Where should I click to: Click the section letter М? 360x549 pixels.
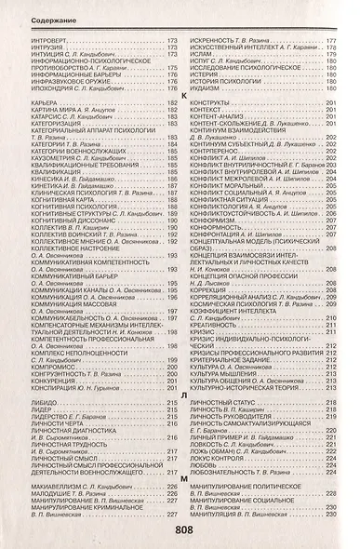point(182,475)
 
